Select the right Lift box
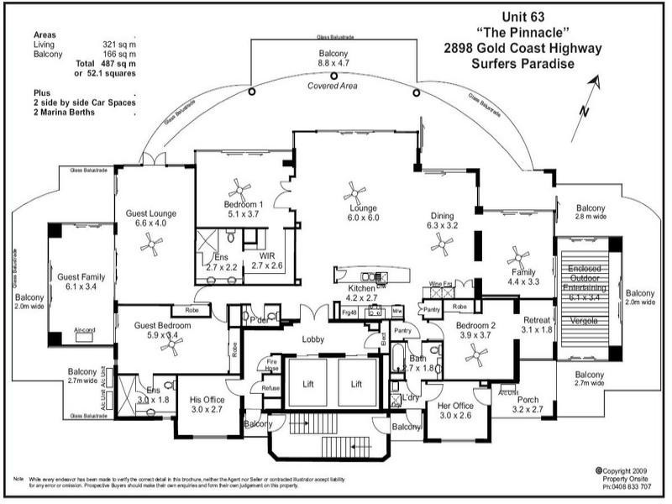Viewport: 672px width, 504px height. [356, 382]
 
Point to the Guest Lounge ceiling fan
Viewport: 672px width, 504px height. [152, 244]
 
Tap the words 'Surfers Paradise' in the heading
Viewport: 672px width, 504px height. [522, 64]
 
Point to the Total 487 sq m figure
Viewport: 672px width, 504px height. [106, 64]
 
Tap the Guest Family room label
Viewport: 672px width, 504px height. [81, 281]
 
